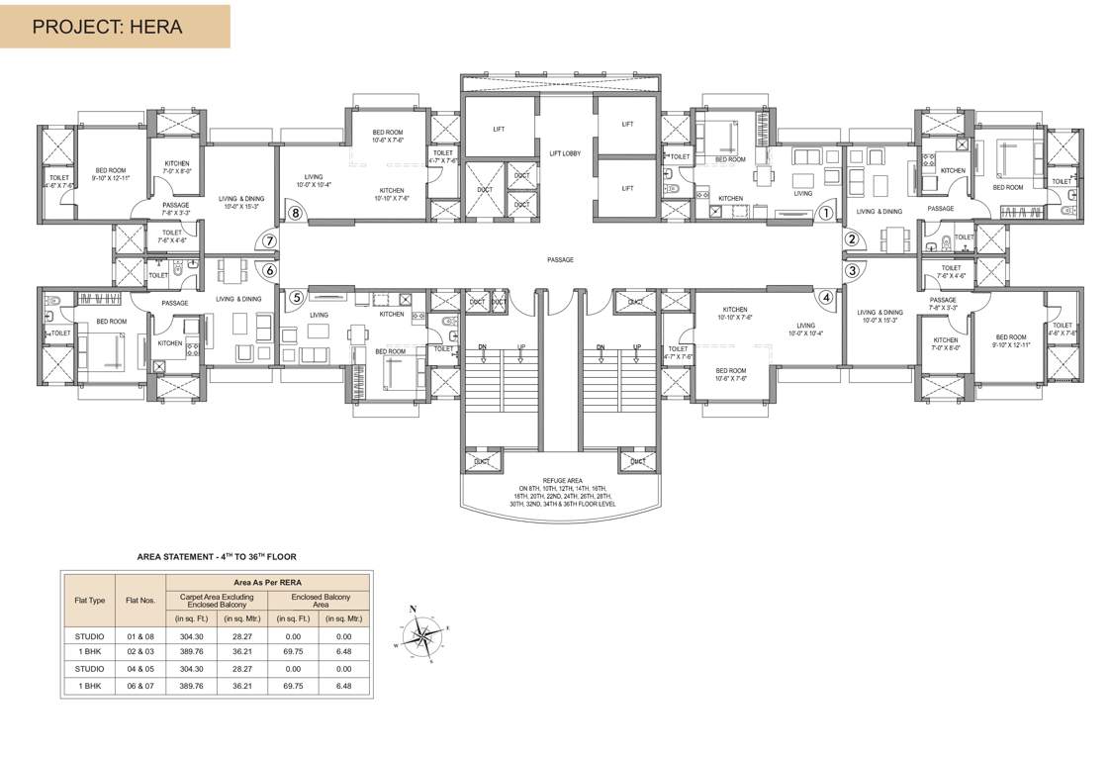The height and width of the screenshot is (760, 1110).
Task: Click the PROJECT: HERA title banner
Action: point(115,27)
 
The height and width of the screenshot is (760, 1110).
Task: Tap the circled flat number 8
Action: point(294,212)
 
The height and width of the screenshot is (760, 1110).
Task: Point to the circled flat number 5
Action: point(295,296)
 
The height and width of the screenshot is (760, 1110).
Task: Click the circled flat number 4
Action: point(826,295)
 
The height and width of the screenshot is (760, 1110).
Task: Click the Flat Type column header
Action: point(89,600)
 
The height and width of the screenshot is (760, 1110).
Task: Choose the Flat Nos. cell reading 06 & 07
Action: point(139,685)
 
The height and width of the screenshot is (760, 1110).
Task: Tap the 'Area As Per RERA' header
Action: point(268,582)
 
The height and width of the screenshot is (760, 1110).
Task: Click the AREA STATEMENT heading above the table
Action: point(217,557)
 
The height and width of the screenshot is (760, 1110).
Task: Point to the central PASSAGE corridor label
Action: point(560,260)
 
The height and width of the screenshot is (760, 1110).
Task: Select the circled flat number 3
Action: point(850,270)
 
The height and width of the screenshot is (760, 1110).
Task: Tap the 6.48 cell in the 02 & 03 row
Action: point(343,652)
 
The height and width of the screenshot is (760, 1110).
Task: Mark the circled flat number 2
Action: point(850,238)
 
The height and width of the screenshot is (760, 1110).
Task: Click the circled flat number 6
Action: point(267,269)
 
